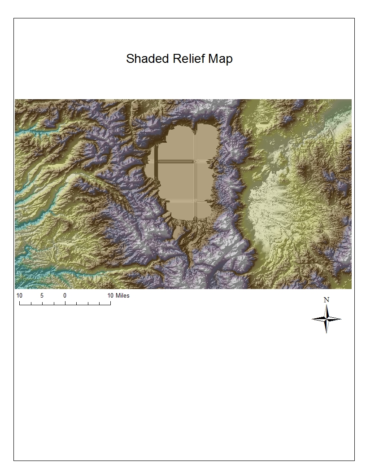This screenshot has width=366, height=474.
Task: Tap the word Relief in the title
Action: [x=184, y=59]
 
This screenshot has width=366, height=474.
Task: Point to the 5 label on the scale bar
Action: [x=42, y=296]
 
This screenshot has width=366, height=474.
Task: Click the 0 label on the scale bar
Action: [x=65, y=296]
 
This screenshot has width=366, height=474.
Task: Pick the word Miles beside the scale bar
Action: [x=122, y=296]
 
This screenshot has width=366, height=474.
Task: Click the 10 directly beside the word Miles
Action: [x=110, y=296]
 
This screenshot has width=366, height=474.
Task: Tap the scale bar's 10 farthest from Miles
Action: [x=19, y=296]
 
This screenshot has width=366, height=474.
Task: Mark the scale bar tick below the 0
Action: [x=65, y=303]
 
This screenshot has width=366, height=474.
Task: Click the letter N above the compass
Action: [x=327, y=300]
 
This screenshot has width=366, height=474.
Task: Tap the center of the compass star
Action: [x=327, y=319]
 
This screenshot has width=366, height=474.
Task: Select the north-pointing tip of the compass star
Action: [x=327, y=305]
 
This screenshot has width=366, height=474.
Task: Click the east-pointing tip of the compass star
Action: [x=341, y=319]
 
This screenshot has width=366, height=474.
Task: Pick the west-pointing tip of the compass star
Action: [x=312, y=319]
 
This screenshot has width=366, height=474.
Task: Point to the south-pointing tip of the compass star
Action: [x=327, y=333]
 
